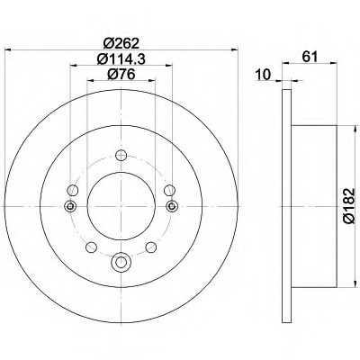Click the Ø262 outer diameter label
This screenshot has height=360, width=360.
click(121, 44)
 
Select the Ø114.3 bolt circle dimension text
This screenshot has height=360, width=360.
click(121, 59)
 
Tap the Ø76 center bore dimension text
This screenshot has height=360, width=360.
click(121, 75)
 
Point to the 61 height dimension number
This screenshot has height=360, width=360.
click(310, 57)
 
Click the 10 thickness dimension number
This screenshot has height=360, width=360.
click(264, 75)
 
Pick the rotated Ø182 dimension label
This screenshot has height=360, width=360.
click(349, 206)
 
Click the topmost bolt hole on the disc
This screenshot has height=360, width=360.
click(121, 155)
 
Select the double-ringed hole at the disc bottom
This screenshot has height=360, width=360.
click(121, 262)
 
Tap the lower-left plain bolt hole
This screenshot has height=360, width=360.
click(91, 247)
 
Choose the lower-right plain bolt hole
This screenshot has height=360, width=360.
click(151, 247)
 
